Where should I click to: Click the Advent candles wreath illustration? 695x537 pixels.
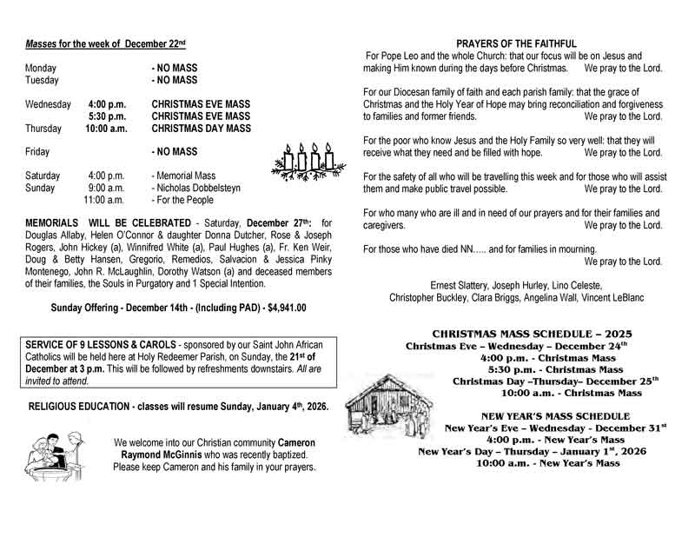click(x=304, y=161)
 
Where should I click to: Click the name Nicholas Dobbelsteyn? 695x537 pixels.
click(x=197, y=188)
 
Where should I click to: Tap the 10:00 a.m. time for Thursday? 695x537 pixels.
click(x=106, y=129)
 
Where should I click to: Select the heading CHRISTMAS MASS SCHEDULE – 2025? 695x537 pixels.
click(x=533, y=334)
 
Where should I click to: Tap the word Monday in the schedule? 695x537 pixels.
click(x=41, y=68)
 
